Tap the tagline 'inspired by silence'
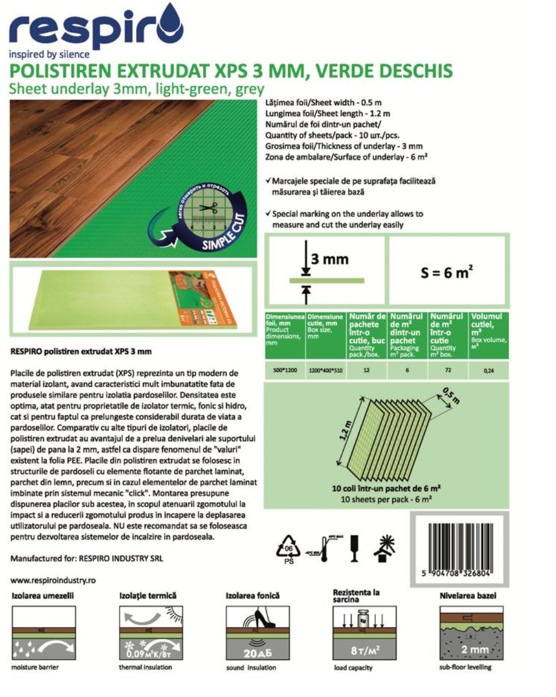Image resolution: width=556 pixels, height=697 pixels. pyautogui.click(x=49, y=54)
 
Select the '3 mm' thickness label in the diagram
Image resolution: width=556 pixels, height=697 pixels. pyautogui.click(x=330, y=258)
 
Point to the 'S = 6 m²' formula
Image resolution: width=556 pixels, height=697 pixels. pyautogui.click(x=446, y=272)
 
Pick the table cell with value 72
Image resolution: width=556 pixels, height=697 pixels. pyautogui.click(x=448, y=370)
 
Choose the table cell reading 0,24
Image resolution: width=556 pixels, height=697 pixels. pyautogui.click(x=489, y=371)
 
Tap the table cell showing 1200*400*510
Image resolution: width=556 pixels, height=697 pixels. pyautogui.click(x=326, y=370)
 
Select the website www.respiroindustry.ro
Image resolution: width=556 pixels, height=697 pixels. pyautogui.click(x=53, y=580)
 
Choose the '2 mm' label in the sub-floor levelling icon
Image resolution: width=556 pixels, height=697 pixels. pyautogui.click(x=474, y=649)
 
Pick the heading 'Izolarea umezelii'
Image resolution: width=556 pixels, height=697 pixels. pyautogui.click(x=43, y=596)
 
